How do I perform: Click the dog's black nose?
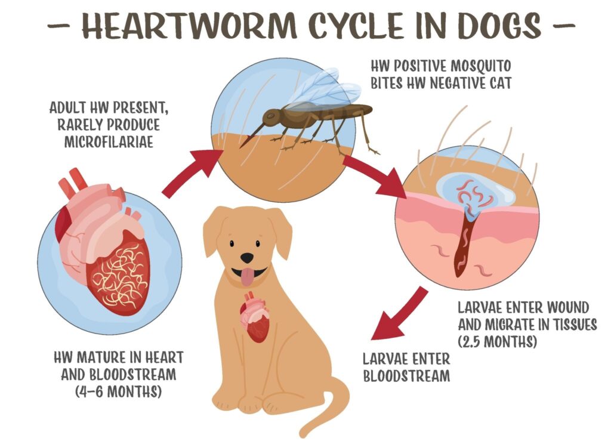tap(246, 258)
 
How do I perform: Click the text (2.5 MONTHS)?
tap(498, 342)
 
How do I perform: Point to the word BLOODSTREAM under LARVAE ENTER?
tap(406, 376)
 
